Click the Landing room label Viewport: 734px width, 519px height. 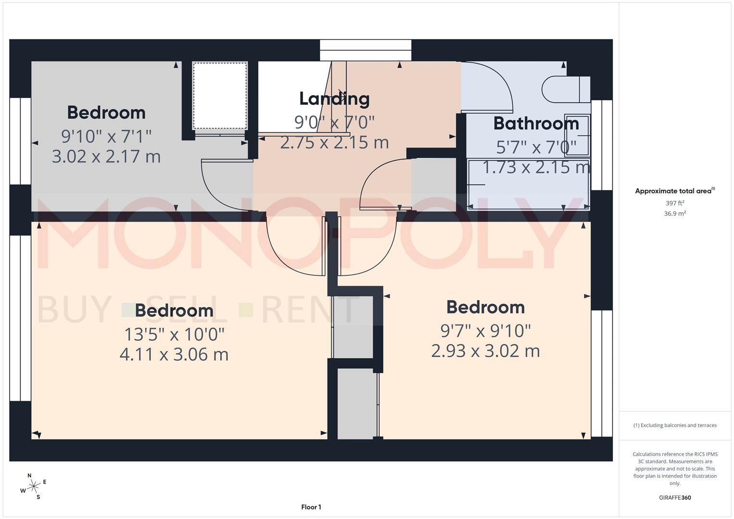coord(334,99)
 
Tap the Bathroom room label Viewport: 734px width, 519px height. coord(535,124)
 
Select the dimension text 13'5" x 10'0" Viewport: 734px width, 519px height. coord(174,333)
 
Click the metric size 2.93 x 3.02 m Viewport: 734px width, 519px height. coord(485,351)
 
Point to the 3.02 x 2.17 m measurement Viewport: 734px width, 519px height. coord(106,156)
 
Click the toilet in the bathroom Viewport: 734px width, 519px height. coord(565,89)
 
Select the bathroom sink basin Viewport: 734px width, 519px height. coord(577,135)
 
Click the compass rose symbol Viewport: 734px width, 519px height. coord(33,486)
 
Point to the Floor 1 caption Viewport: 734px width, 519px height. coord(311,507)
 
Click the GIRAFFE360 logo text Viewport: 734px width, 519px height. coord(674,497)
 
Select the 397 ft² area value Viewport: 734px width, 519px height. coord(674,203)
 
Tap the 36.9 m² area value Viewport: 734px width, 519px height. coord(674,213)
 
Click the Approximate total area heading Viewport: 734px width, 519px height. coord(674,191)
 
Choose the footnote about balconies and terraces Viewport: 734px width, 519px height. coord(674,425)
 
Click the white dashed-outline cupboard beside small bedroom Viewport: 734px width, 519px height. coord(220,95)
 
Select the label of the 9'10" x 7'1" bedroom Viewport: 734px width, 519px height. coord(106,112)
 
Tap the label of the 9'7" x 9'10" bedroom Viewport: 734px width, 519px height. coord(485,307)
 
